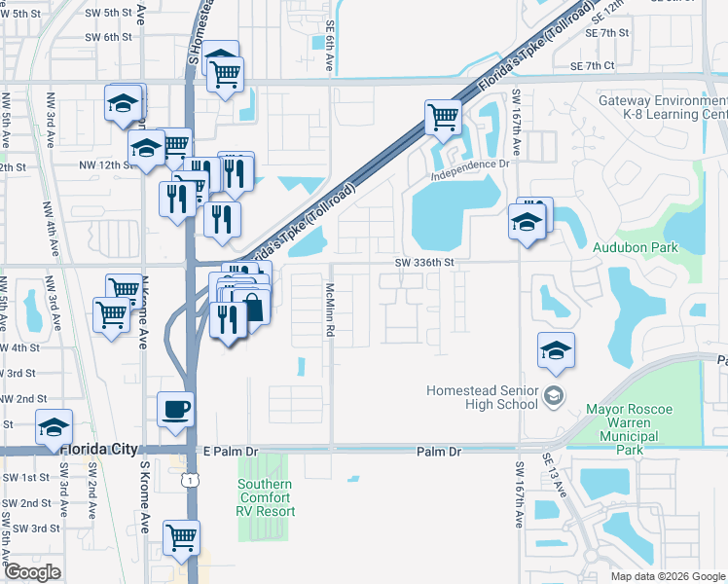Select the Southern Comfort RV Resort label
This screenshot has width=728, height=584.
click(265, 496)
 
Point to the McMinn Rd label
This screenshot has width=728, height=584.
click(331, 310)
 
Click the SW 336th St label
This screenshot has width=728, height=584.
click(425, 262)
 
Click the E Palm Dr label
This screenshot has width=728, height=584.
click(230, 452)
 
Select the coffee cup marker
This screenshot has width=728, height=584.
click(176, 409)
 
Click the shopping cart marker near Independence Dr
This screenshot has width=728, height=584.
click(443, 118)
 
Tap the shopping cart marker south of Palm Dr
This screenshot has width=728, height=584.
click(182, 536)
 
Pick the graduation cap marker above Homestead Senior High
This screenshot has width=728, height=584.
click(556, 350)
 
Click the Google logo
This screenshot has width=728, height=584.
click(32, 571)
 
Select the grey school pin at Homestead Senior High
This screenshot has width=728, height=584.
click(553, 394)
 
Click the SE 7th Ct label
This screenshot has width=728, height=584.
click(594, 65)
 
